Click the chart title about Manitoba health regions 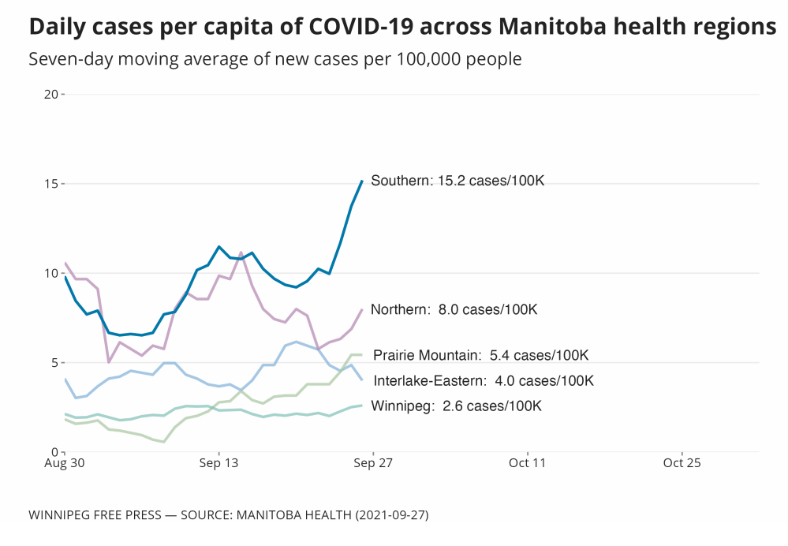(x=402, y=27)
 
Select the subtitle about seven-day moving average (x=274, y=59)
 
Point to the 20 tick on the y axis (x=52, y=95)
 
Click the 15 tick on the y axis (x=52, y=184)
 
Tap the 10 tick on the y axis (x=52, y=273)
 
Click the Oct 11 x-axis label (x=528, y=463)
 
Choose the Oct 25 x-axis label (x=682, y=463)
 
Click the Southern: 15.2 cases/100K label (x=457, y=181)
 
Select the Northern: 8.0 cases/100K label (x=454, y=310)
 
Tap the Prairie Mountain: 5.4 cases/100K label (x=480, y=356)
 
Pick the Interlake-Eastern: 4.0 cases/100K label (x=483, y=381)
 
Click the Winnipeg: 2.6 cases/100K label (x=456, y=406)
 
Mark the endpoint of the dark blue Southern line (x=362, y=181)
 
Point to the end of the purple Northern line (x=362, y=309)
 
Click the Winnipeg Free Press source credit (x=229, y=514)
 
